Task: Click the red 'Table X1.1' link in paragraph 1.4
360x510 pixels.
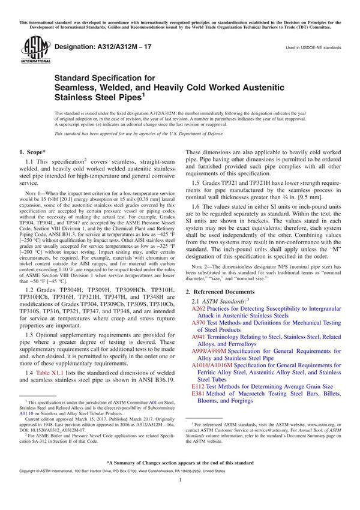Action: coord(55,374)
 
